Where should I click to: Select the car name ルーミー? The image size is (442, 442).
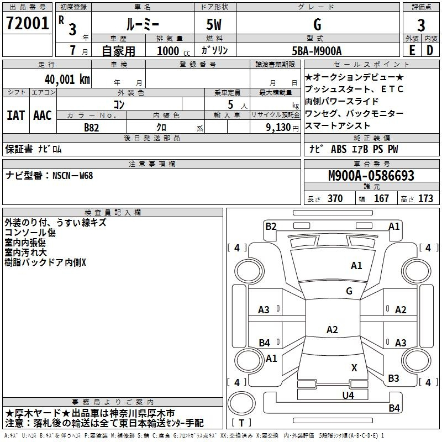click(142, 24)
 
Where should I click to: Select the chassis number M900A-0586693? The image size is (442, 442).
click(371, 176)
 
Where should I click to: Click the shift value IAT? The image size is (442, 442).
click(15, 115)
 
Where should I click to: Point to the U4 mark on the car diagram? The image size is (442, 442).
click(348, 395)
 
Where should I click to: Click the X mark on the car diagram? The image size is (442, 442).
click(354, 367)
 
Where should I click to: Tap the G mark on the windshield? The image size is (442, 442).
click(349, 291)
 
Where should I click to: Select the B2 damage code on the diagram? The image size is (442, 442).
click(271, 226)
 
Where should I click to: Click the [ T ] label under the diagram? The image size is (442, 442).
click(242, 423)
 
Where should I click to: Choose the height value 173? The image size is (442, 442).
click(425, 198)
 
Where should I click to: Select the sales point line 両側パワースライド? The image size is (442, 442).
click(342, 101)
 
